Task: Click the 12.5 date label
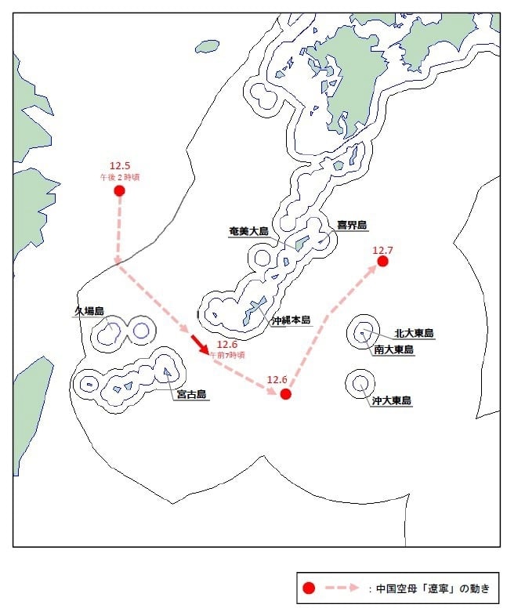coord(120,165)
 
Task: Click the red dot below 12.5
coord(120,190)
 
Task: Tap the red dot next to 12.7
coord(382,261)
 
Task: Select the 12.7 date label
coord(382,250)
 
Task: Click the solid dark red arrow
coord(200,345)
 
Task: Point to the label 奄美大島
coord(248,231)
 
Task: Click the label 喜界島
coord(352,225)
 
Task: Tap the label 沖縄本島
coord(291,320)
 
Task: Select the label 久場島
coord(89,311)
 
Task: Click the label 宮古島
coord(190,395)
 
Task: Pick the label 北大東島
coord(414,333)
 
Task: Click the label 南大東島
coord(393,349)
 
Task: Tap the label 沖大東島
coord(392,400)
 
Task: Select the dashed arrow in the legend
coord(343,588)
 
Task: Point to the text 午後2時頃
coord(120,177)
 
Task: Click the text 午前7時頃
coord(226,355)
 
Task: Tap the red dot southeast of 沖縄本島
coord(285,394)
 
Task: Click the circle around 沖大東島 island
coord(360,383)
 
